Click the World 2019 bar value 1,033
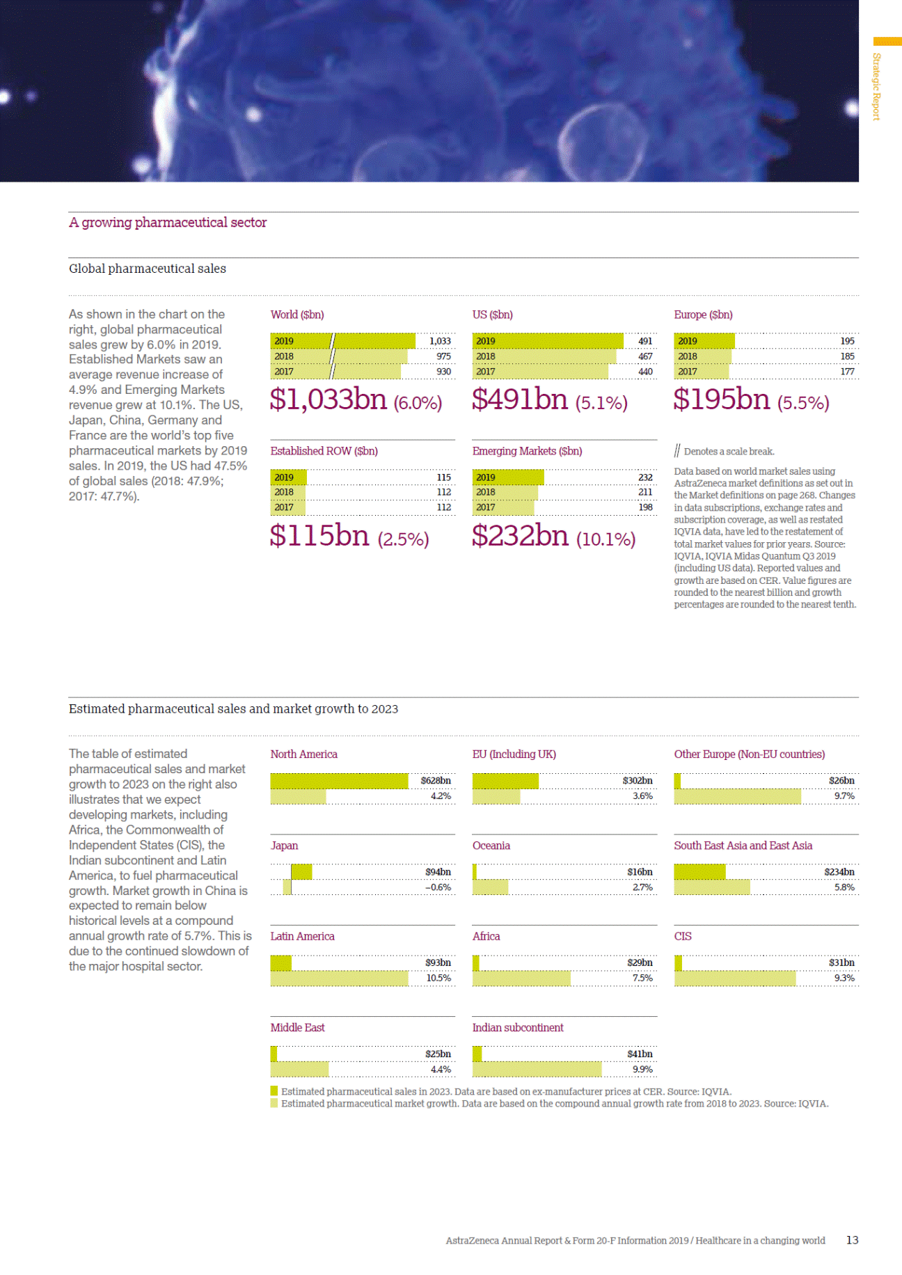pyautogui.click(x=440, y=341)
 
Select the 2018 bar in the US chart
pyautogui.click(x=544, y=356)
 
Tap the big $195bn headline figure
pyautogui.click(x=722, y=399)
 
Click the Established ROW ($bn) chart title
pyautogui.click(x=324, y=451)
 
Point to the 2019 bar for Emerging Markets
pyautogui.click(x=508, y=477)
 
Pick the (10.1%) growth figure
pyautogui.click(x=606, y=539)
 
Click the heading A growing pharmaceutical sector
pyautogui.click(x=168, y=223)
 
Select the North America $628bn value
pyautogui.click(x=436, y=781)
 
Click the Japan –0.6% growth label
pyautogui.click(x=438, y=887)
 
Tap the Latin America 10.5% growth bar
pyautogui.click(x=339, y=979)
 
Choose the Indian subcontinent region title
pyautogui.click(x=518, y=1028)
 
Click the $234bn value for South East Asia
pyautogui.click(x=839, y=872)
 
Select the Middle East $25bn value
pyautogui.click(x=438, y=1054)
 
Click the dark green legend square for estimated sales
pyautogui.click(x=274, y=1091)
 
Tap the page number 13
pyautogui.click(x=852, y=1240)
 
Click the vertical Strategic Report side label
pyautogui.click(x=876, y=87)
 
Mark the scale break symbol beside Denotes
pyautogui.click(x=677, y=451)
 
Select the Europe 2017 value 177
pyautogui.click(x=846, y=372)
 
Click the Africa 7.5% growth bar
pyautogui.click(x=521, y=979)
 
